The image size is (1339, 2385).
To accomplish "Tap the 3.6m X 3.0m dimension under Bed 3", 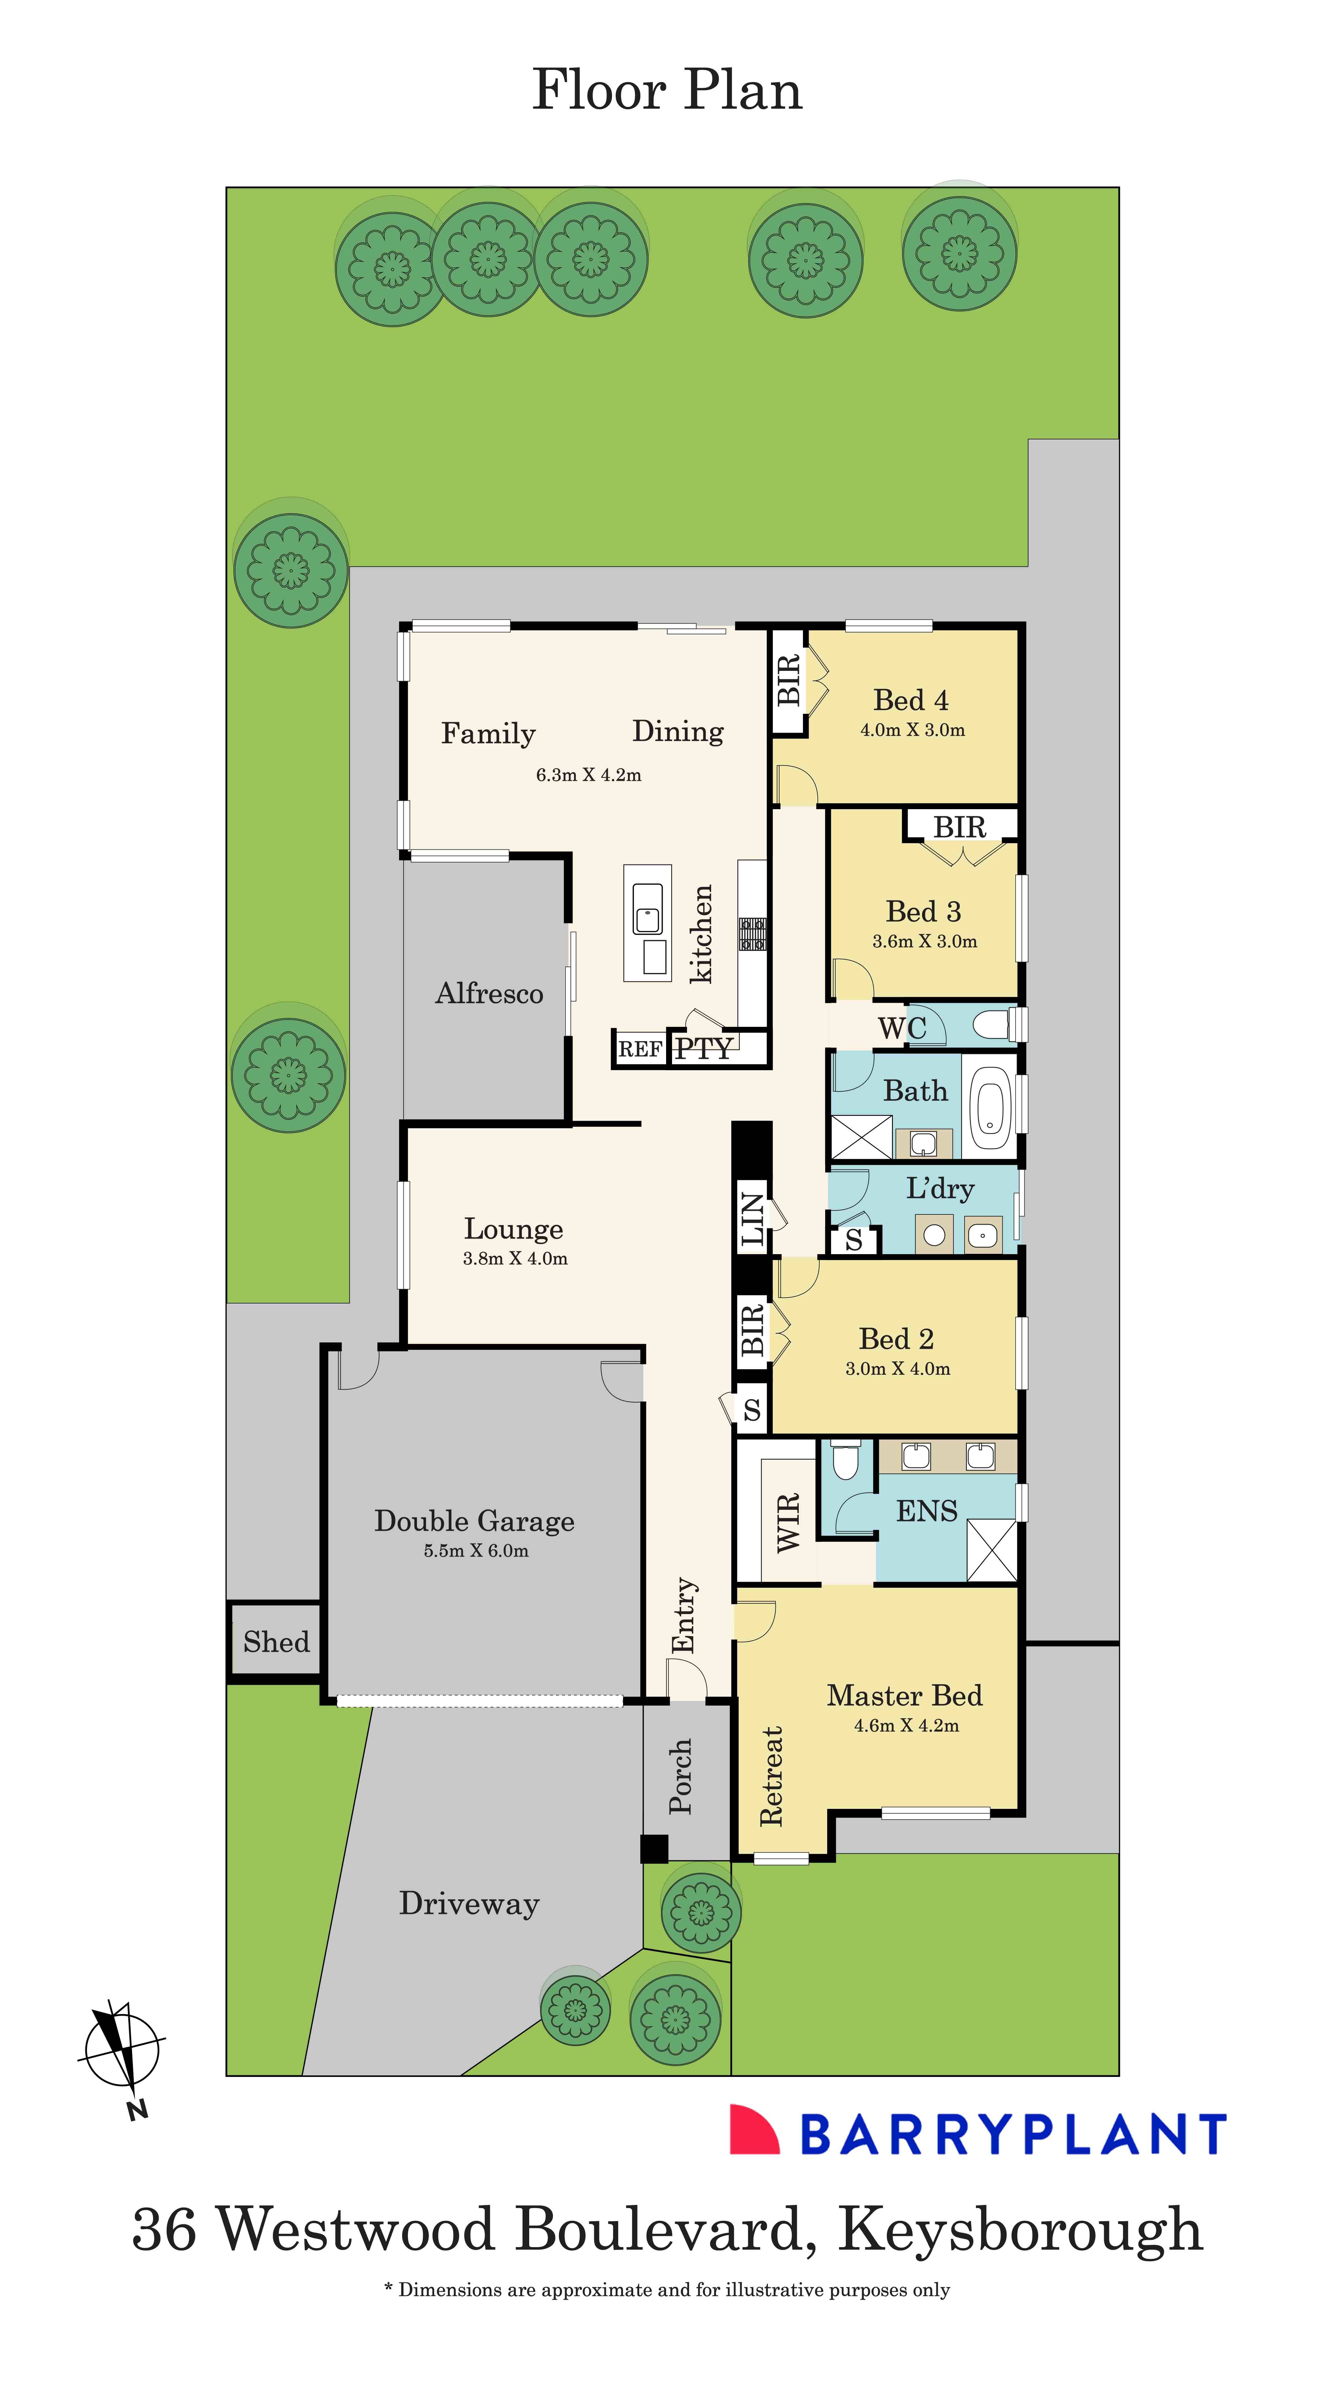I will click(924, 942).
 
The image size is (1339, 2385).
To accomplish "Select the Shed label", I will click(276, 1642).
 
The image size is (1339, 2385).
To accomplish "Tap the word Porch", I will click(681, 1776).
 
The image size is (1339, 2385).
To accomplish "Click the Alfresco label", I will click(489, 993).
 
